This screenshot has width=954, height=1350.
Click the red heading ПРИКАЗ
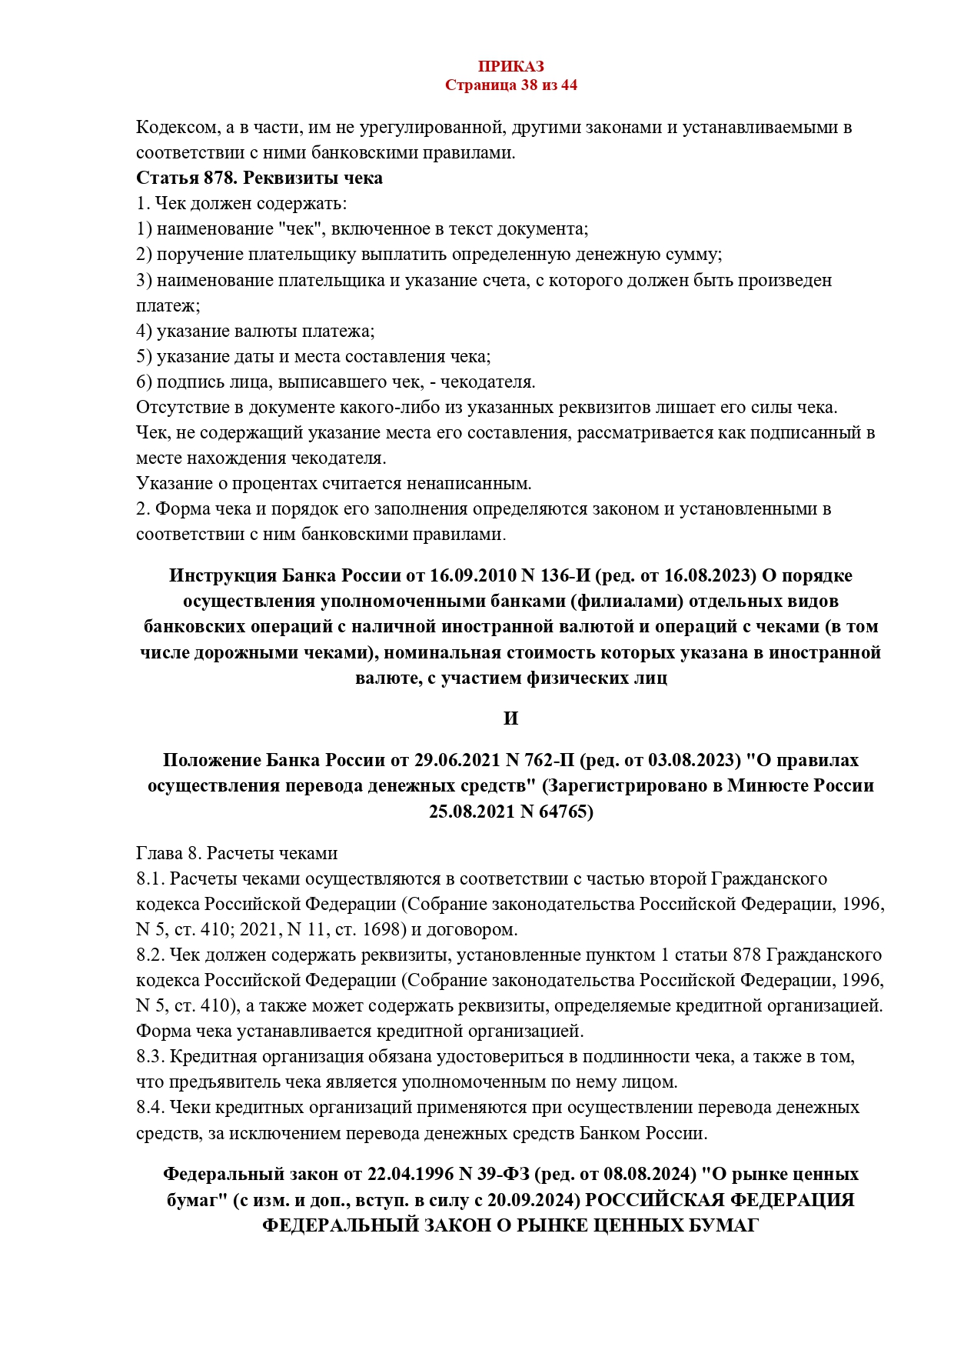(x=510, y=67)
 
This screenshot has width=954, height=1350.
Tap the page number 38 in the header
(x=529, y=85)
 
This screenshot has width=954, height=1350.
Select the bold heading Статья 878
(x=186, y=178)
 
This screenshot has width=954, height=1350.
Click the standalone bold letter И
(x=510, y=718)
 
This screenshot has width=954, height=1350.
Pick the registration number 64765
(x=564, y=812)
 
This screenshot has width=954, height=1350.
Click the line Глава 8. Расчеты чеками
(x=237, y=854)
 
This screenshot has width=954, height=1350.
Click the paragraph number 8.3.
(x=150, y=1057)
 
